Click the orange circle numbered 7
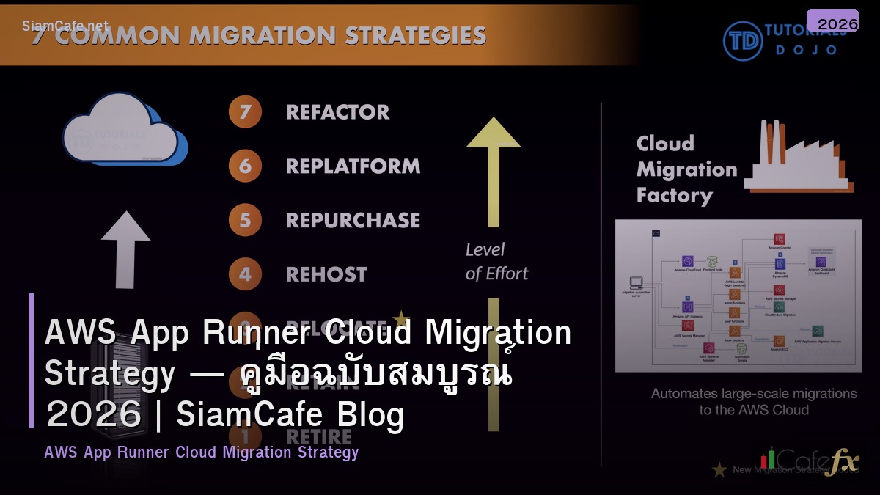(245, 112)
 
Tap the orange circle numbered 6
(245, 166)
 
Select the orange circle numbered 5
(245, 220)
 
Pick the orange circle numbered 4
(245, 274)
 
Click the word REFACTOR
(337, 112)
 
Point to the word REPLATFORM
(353, 166)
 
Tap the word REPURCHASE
(353, 220)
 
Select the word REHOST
(326, 274)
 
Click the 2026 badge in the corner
(832, 22)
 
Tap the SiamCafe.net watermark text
(65, 26)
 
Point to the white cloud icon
(121, 130)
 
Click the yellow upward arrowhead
(494, 133)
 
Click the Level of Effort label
(496, 262)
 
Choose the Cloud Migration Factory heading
(686, 169)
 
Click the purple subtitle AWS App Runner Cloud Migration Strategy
(202, 452)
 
